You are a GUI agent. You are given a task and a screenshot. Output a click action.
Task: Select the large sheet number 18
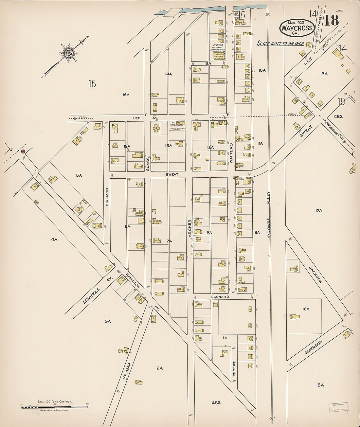pos(331,20)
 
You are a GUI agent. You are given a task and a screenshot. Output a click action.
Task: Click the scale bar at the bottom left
pos(55,407)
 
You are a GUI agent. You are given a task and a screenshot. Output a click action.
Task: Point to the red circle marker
pos(23,151)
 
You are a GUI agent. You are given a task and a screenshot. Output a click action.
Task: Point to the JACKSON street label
pos(316,274)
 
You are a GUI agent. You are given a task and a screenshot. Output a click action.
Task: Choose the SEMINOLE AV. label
pos(98,289)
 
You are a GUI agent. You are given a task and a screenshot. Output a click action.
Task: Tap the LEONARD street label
pos(220,297)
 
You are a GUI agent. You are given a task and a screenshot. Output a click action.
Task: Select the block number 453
pos(216,402)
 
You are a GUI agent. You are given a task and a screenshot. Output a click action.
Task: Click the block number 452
pos(338,116)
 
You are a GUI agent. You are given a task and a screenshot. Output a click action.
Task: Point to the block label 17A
pos(319,210)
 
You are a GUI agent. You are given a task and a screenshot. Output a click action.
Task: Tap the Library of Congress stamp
pos(339,406)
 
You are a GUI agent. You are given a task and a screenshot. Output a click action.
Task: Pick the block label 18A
pos(320,385)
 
